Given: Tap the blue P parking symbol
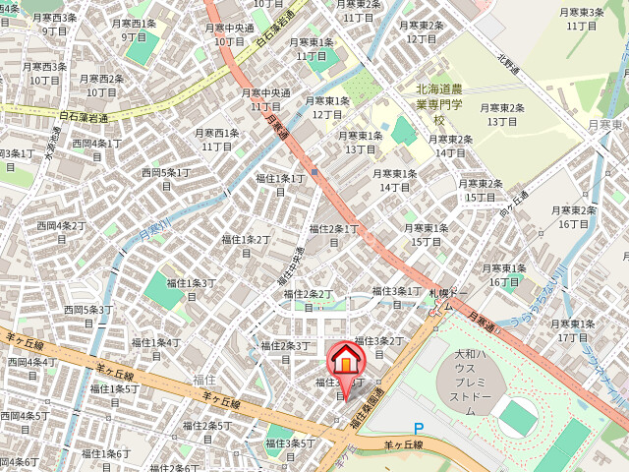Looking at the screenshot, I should coord(419,429).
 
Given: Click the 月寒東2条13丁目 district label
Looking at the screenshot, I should coord(502,114).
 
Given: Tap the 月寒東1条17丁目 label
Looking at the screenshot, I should coord(572,330).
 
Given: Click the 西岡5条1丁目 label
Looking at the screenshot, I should coord(166,179).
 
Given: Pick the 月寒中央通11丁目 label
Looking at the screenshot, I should coord(265,100).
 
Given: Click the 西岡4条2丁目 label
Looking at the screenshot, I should coord(62,232).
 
